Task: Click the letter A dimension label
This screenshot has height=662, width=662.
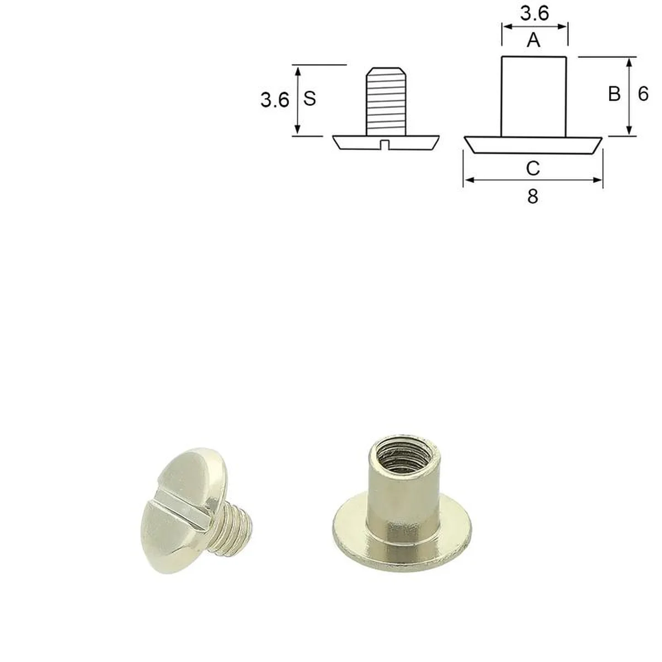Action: click(533, 40)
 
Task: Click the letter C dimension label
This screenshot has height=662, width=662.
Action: click(533, 168)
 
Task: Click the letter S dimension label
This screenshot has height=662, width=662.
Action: click(309, 99)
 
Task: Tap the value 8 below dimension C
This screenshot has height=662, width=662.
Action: click(532, 197)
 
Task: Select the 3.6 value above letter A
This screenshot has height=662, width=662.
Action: click(535, 14)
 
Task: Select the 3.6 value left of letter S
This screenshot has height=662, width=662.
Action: click(275, 100)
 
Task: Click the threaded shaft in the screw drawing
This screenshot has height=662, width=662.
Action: click(387, 102)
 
